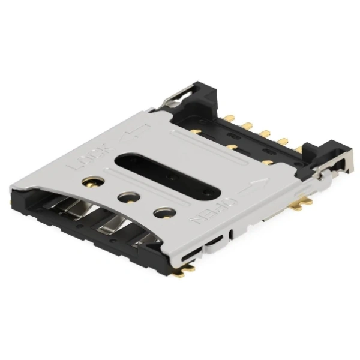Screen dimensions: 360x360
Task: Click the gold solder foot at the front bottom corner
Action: (x=188, y=270)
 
